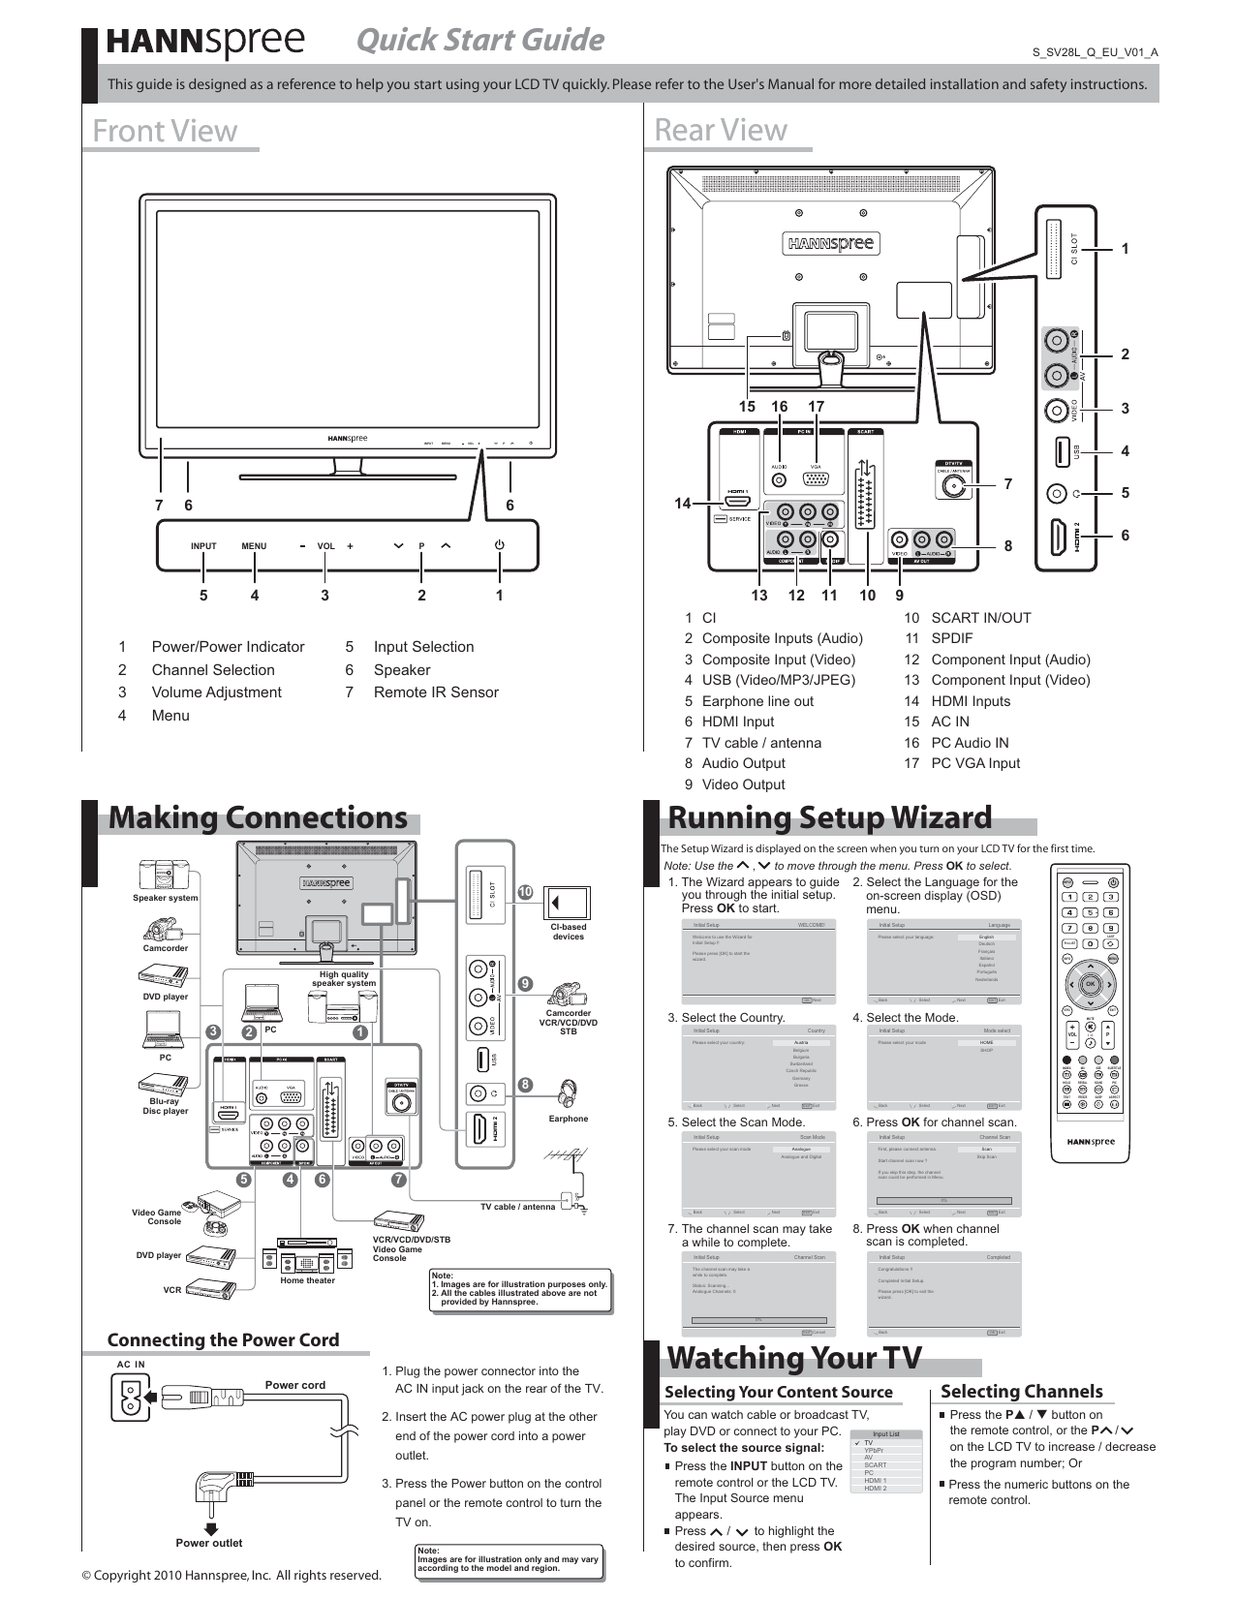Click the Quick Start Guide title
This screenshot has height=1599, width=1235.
pos(479,40)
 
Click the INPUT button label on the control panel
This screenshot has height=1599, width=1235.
pos(203,546)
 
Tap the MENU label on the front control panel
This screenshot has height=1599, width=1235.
pos(254,546)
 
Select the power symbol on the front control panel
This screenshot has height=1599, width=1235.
pos(500,545)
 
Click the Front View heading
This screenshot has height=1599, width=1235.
pos(165,131)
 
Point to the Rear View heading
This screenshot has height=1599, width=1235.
pos(721,130)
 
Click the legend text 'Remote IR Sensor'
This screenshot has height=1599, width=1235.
pos(436,692)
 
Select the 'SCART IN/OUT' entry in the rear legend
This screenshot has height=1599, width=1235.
pos(980,618)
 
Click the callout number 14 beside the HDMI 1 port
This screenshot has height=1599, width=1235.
pos(683,504)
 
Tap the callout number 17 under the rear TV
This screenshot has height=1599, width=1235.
pos(817,407)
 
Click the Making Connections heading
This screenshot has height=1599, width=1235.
pos(258,817)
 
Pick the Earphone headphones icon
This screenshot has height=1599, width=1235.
pos(569,1092)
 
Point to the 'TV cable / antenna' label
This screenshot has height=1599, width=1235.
pos(518,1207)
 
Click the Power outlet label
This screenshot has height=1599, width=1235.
pos(209,1543)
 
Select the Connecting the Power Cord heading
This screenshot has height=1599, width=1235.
pos(223,1339)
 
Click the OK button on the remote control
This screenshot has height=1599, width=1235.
pos(1090,984)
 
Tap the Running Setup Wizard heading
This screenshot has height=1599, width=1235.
pos(830,817)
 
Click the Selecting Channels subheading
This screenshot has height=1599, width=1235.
pos(1021,1392)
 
